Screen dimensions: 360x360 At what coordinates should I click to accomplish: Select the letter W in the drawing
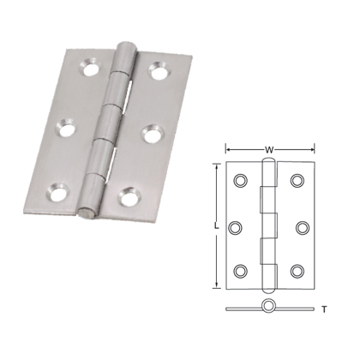click(x=269, y=150)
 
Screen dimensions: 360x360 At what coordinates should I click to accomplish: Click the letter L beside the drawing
click(x=218, y=226)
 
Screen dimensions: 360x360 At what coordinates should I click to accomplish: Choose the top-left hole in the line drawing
click(x=240, y=181)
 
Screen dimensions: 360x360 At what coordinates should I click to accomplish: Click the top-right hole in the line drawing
click(x=297, y=181)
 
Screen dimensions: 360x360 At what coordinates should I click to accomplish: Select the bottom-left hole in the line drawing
click(x=240, y=271)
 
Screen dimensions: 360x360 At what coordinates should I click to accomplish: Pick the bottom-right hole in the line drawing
click(x=297, y=271)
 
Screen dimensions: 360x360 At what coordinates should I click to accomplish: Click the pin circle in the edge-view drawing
click(x=268, y=307)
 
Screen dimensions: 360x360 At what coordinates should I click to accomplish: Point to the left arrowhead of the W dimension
click(x=229, y=150)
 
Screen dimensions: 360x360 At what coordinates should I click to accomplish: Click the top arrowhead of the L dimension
click(x=213, y=170)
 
